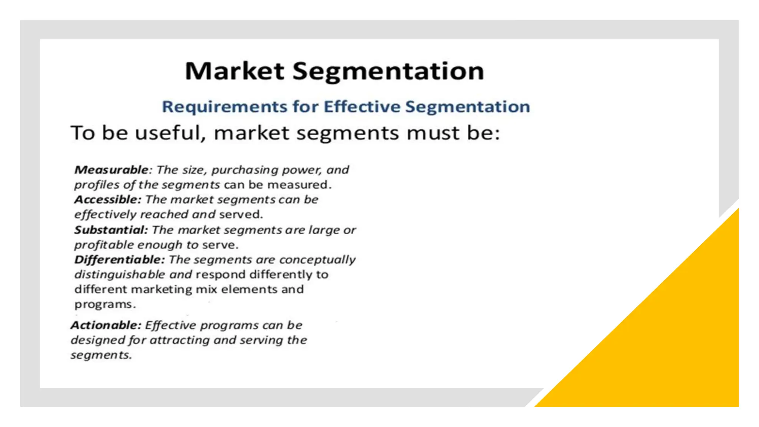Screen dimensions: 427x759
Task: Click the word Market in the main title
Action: (234, 71)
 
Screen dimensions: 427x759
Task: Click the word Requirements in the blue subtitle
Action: (225, 107)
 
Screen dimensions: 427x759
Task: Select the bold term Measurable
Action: (111, 170)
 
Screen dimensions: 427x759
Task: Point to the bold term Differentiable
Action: (119, 259)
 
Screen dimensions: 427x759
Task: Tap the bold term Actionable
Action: (106, 325)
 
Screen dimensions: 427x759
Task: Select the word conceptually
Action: (317, 259)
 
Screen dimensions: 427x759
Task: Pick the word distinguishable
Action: (119, 275)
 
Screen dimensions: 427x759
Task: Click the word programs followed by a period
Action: (105, 305)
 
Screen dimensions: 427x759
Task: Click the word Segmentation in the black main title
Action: (388, 71)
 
